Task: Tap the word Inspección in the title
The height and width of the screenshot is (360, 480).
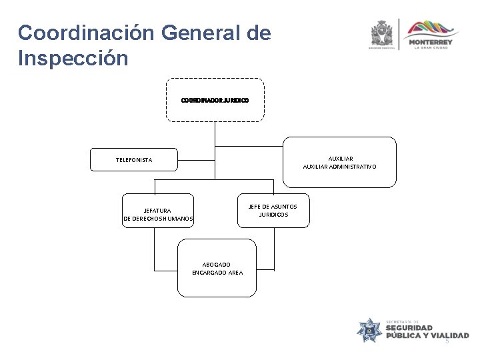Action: pos(73,58)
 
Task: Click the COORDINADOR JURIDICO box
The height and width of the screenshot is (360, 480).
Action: pos(215,100)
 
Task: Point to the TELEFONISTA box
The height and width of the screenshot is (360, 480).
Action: pos(134,160)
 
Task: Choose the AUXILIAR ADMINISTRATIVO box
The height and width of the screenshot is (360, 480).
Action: pos(339,162)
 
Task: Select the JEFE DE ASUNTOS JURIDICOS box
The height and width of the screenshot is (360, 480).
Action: pos(273,211)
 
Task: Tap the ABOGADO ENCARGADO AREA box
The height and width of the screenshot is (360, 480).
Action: pos(217,269)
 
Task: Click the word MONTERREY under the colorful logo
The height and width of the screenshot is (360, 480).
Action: pos(433,43)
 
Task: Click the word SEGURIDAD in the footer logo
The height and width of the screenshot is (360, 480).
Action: pos(409,327)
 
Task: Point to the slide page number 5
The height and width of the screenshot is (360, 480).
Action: pos(447,342)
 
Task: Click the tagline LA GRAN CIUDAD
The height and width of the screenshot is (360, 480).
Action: pos(433,49)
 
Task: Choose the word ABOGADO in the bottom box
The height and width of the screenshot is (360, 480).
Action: pos(217,265)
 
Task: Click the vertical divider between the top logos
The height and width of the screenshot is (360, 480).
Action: pos(400,33)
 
